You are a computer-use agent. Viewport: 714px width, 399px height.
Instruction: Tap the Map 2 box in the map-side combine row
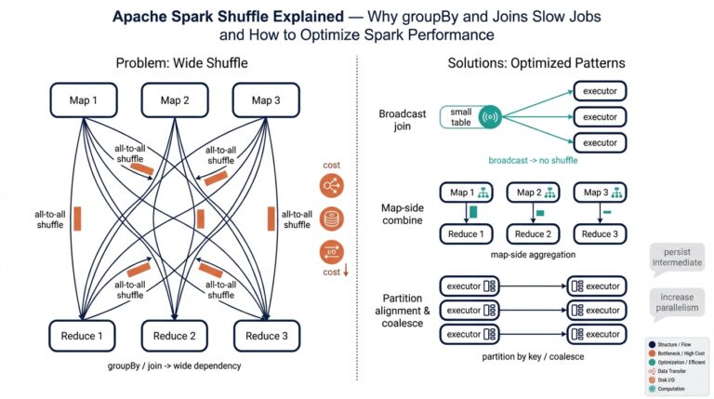pos(533,193)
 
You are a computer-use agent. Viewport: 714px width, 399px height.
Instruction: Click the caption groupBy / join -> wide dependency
pos(176,366)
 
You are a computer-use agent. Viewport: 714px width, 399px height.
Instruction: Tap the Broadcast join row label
pos(402,120)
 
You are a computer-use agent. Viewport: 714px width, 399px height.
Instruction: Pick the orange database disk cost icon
pos(330,219)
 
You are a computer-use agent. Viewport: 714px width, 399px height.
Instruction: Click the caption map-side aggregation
pos(533,254)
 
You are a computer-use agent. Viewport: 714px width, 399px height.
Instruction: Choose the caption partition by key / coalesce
pos(533,356)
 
